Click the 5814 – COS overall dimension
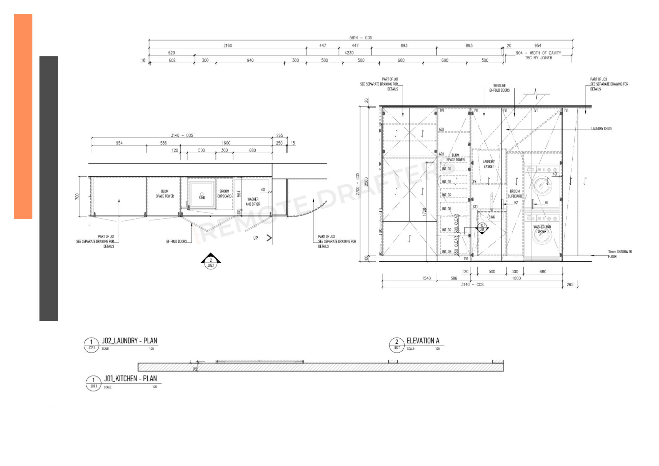360,38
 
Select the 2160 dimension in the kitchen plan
228,45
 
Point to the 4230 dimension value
349,53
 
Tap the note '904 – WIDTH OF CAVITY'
538,53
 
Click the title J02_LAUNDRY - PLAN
129,341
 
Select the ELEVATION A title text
423,341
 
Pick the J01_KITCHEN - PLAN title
130,379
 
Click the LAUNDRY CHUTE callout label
601,129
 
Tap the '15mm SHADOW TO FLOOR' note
620,254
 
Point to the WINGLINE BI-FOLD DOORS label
499,88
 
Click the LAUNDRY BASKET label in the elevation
489,164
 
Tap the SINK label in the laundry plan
202,198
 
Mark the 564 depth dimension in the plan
239,194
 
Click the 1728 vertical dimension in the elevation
424,212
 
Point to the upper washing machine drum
541,185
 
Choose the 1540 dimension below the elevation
426,278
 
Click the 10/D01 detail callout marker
482,228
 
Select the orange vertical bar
23,116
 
